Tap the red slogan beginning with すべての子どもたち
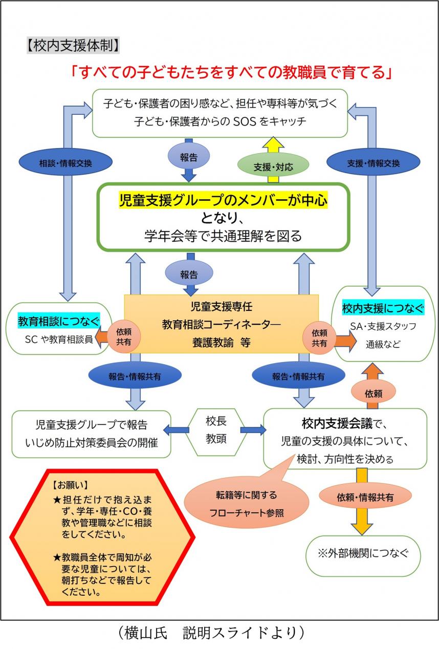[x=232, y=72]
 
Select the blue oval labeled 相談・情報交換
[x=65, y=163]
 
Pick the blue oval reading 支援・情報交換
[x=373, y=163]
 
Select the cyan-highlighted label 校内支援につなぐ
[x=383, y=308]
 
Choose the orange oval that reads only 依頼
[x=373, y=393]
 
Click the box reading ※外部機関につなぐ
[x=363, y=554]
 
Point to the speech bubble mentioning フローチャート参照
[x=246, y=504]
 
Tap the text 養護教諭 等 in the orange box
[x=221, y=344]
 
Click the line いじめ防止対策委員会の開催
[x=91, y=439]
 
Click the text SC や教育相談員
[x=59, y=339]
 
